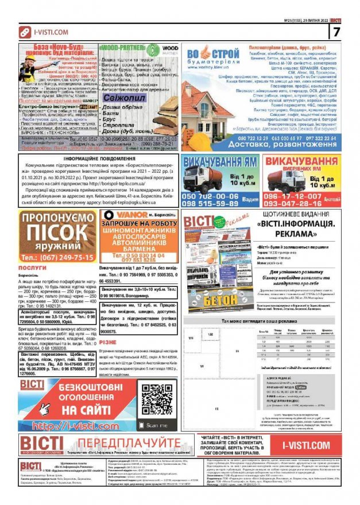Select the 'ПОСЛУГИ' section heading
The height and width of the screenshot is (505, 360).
tap(32, 268)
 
